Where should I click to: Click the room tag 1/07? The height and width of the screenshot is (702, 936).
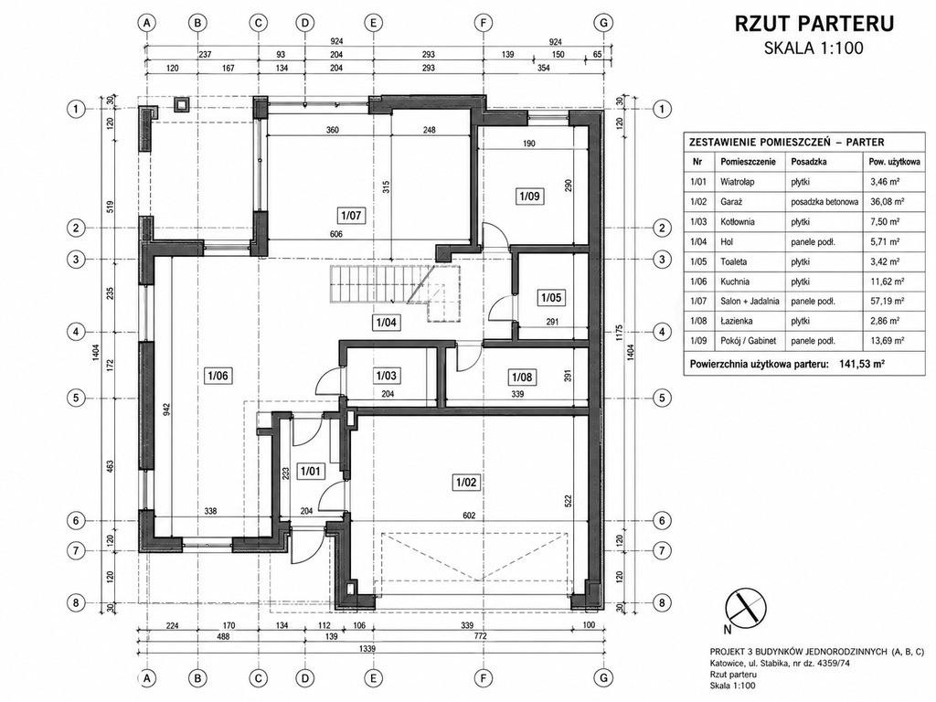[350, 215]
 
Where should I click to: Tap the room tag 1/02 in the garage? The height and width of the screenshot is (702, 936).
[465, 482]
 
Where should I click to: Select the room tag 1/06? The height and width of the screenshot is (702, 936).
[218, 376]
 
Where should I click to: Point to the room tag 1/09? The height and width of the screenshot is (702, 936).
[530, 196]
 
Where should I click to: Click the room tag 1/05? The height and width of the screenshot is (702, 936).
[551, 297]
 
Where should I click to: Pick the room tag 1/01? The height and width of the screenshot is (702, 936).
[311, 471]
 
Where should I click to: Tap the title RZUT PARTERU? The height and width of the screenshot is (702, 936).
[814, 23]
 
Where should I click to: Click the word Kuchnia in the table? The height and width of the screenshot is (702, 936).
[736, 282]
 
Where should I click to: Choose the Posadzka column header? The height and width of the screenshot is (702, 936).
[808, 161]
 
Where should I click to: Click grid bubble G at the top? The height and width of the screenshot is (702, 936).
[604, 23]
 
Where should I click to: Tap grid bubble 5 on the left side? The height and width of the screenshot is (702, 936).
[76, 398]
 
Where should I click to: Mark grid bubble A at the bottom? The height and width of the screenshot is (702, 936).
[146, 678]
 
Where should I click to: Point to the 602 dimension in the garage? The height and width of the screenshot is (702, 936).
[469, 516]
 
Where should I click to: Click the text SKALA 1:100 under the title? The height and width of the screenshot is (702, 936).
[814, 48]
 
